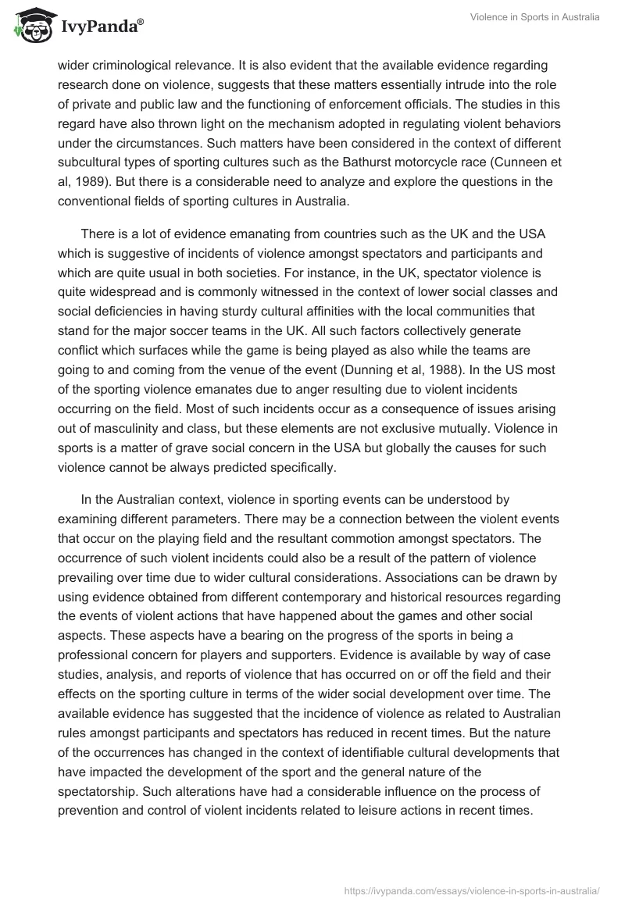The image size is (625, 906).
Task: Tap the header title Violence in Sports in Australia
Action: (535, 17)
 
